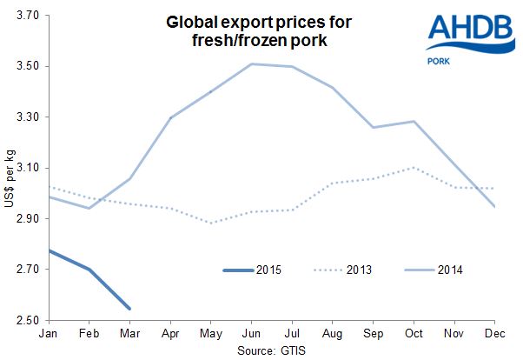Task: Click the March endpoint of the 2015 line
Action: pos(129,309)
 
